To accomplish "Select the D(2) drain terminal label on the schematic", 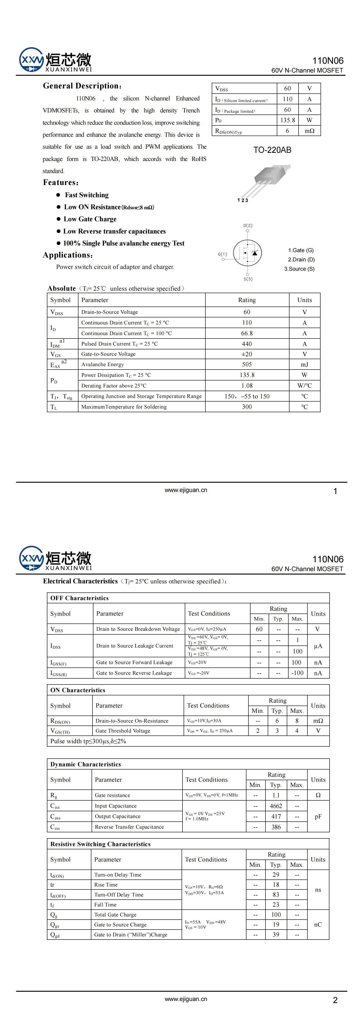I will [x=248, y=226].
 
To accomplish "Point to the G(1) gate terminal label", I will [x=222, y=254].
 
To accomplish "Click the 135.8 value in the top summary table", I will [x=287, y=120].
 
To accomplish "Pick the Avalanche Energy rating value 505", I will [x=247, y=364].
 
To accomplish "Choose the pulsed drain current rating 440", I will [x=247, y=344].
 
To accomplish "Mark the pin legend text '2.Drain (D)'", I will [x=301, y=260].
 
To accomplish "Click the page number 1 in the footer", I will [x=335, y=491].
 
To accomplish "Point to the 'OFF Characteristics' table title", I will [x=79, y=598].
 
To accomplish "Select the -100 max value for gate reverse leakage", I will [x=297, y=673].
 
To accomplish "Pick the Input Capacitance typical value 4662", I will [x=276, y=806].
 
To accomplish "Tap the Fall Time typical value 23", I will [x=276, y=905].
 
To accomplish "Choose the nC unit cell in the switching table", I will [x=318, y=924].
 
